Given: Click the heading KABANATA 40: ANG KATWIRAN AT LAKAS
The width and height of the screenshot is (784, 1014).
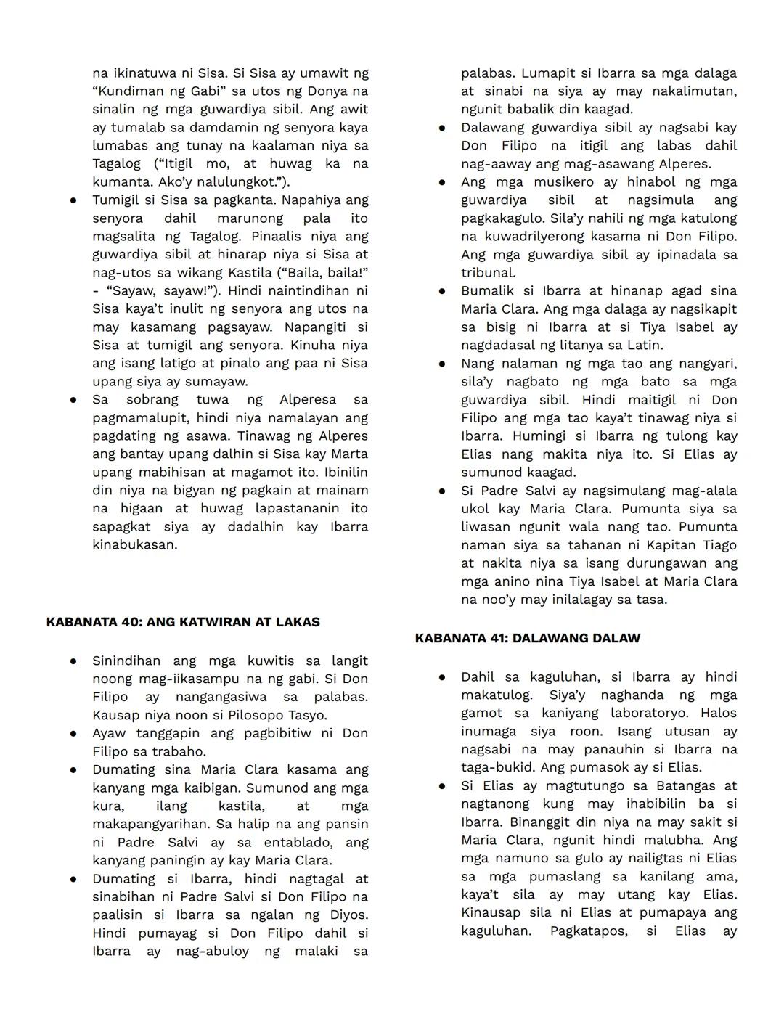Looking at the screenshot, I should coord(183,622).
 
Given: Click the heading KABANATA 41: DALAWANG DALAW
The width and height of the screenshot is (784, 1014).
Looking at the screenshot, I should coord(528,638).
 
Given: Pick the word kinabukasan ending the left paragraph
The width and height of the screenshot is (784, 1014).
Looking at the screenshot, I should coord(134,545).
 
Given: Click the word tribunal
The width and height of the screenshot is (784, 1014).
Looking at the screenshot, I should coord(488,273).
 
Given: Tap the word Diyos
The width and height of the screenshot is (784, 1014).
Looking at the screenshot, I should coord(348,915).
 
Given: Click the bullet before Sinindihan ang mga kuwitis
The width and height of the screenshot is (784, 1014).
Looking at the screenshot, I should coord(73,661).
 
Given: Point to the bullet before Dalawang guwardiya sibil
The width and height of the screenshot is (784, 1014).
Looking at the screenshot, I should coord(441,128).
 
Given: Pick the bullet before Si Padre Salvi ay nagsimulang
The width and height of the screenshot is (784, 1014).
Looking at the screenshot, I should coord(441,491).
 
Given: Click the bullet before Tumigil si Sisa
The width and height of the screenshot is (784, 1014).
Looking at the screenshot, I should coord(73,200).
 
